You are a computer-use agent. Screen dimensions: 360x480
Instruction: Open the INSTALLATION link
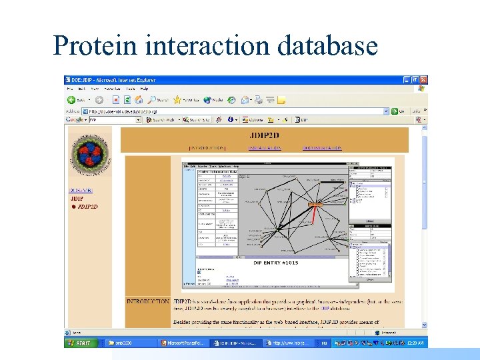click(x=265, y=147)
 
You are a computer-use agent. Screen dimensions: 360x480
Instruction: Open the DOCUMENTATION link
click(x=321, y=147)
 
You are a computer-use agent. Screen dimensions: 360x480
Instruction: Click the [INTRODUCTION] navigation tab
click(x=207, y=147)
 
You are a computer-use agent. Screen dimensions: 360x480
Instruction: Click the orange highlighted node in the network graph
click(x=315, y=205)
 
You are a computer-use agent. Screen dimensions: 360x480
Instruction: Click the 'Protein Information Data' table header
click(x=217, y=171)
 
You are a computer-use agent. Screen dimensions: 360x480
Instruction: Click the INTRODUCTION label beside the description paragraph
click(x=147, y=301)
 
